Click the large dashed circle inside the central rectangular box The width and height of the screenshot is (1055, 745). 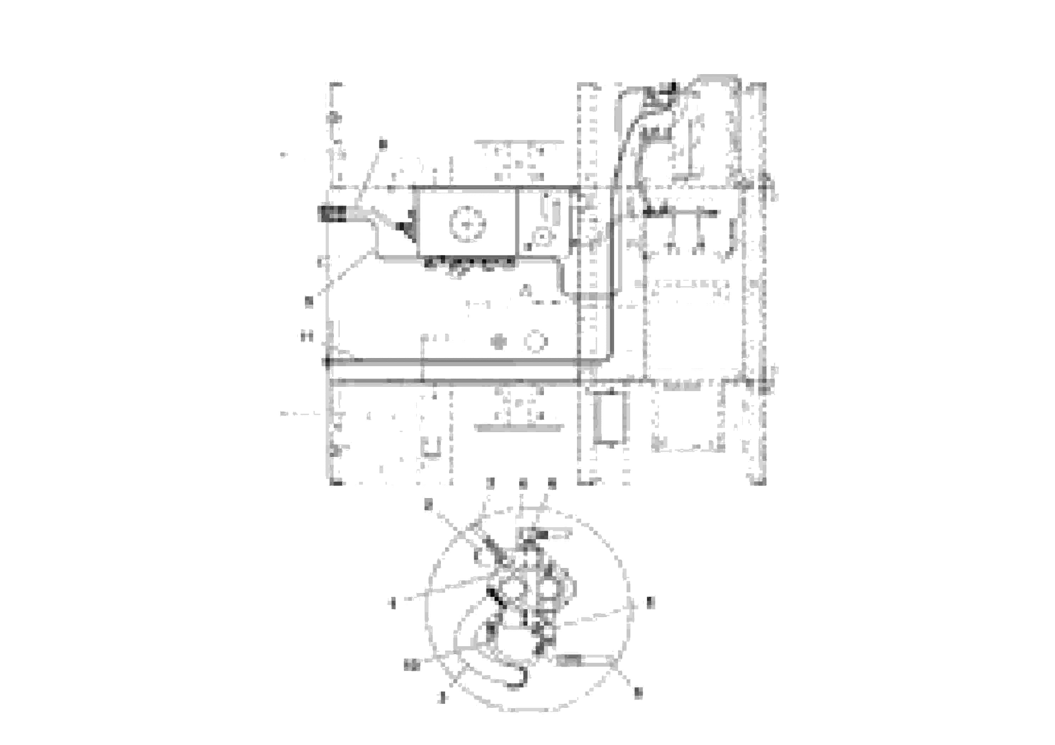(x=467, y=225)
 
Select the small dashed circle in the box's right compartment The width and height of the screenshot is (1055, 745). (x=542, y=237)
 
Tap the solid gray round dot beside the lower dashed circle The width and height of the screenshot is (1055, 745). (x=499, y=342)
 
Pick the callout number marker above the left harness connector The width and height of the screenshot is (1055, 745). (x=383, y=144)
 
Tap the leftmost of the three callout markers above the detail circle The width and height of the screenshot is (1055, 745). (x=491, y=483)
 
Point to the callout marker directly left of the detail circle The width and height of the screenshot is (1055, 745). (x=393, y=603)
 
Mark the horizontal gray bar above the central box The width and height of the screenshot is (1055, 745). (x=519, y=142)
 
